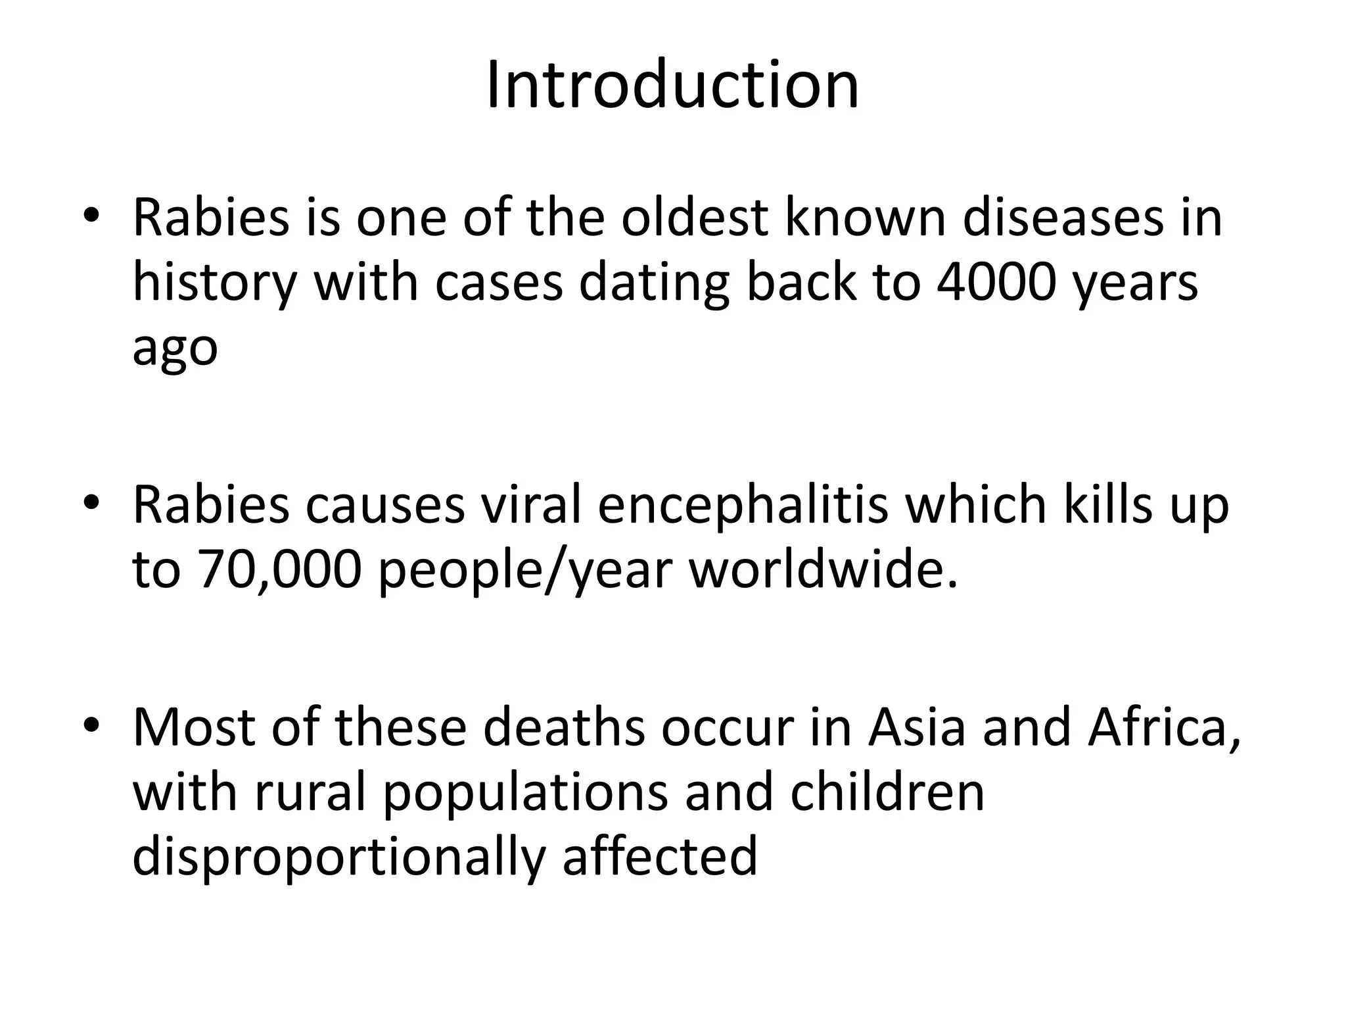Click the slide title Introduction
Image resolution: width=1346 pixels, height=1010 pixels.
coord(672,85)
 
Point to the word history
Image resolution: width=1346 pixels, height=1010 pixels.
coord(214,284)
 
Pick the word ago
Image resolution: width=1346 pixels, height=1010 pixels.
coord(175,349)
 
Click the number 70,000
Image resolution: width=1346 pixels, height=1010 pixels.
coord(280,569)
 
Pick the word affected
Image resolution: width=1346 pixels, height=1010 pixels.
coord(660,856)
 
